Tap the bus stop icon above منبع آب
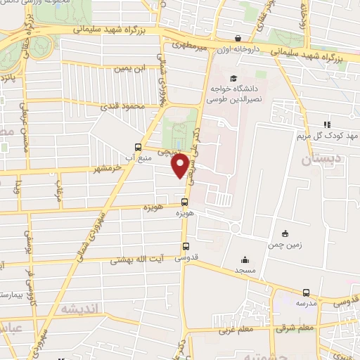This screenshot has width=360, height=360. (x=138, y=148)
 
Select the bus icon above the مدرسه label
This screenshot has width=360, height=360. (x=306, y=292)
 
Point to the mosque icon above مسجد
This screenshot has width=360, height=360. (x=245, y=259)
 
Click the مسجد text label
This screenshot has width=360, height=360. (x=245, y=270)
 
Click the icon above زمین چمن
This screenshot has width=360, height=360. (x=285, y=233)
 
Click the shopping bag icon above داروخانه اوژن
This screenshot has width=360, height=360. (x=238, y=38)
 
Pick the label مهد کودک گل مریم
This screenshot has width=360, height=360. (x=326, y=134)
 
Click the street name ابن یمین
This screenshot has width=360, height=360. (x=131, y=68)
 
